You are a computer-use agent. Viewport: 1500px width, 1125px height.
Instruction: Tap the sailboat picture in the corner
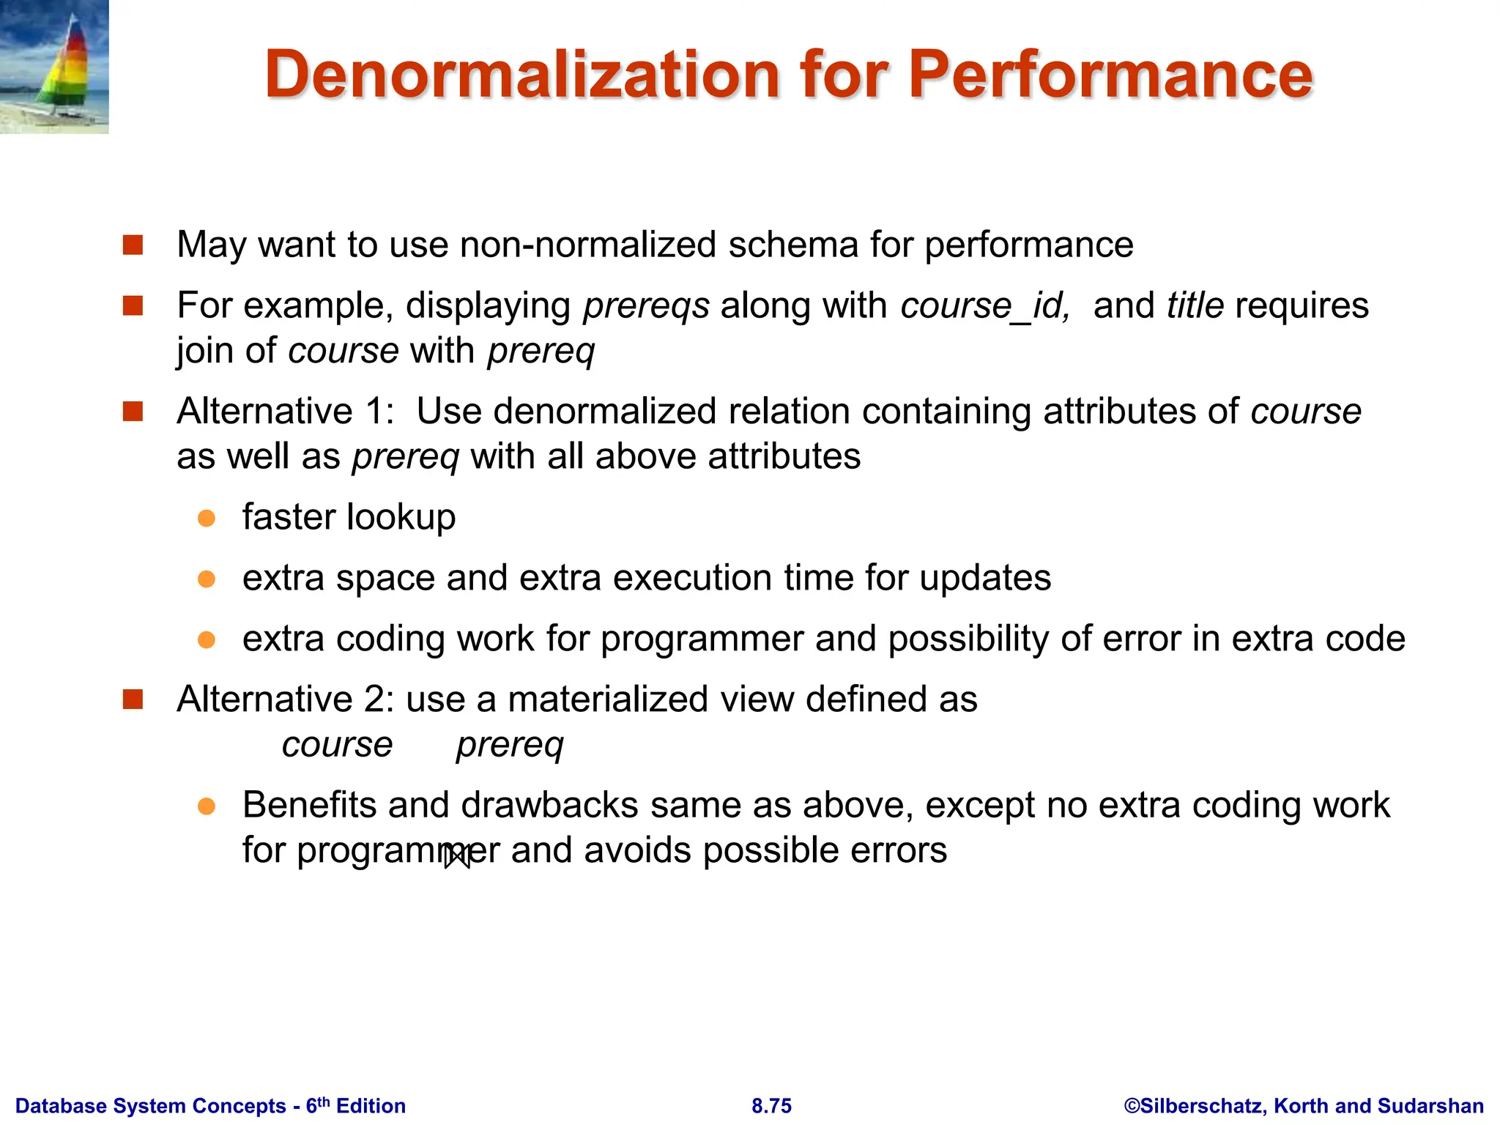pyautogui.click(x=54, y=67)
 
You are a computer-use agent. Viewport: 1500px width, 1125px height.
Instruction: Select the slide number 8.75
pyautogui.click(x=771, y=1106)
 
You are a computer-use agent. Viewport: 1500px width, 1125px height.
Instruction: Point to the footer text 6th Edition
pyautogui.click(x=356, y=1106)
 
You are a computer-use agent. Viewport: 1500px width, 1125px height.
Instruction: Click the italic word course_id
pyautogui.click(x=985, y=305)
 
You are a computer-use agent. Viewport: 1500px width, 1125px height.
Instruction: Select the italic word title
pyautogui.click(x=1195, y=305)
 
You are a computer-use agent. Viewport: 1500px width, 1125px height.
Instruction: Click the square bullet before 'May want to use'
pyautogui.click(x=133, y=245)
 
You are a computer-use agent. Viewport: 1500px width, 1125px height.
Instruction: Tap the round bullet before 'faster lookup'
pyautogui.click(x=207, y=519)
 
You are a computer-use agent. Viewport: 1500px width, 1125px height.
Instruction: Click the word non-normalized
pyautogui.click(x=588, y=245)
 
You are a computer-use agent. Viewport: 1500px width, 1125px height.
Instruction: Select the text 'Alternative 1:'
pyautogui.click(x=286, y=411)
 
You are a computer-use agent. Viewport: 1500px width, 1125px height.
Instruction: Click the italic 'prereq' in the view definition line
pyautogui.click(x=510, y=746)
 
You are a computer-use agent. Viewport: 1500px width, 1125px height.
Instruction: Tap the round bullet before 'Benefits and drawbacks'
pyautogui.click(x=207, y=806)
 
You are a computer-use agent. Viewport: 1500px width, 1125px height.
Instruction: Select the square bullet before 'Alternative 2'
pyautogui.click(x=133, y=700)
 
